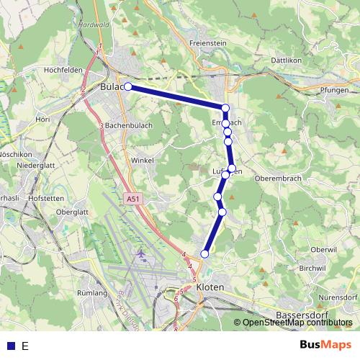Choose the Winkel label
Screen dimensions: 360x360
click(143, 161)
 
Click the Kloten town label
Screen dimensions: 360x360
click(210, 287)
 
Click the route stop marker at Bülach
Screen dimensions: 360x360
click(128, 86)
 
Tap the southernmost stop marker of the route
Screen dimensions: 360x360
click(205, 253)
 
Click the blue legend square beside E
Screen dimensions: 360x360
click(10, 346)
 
